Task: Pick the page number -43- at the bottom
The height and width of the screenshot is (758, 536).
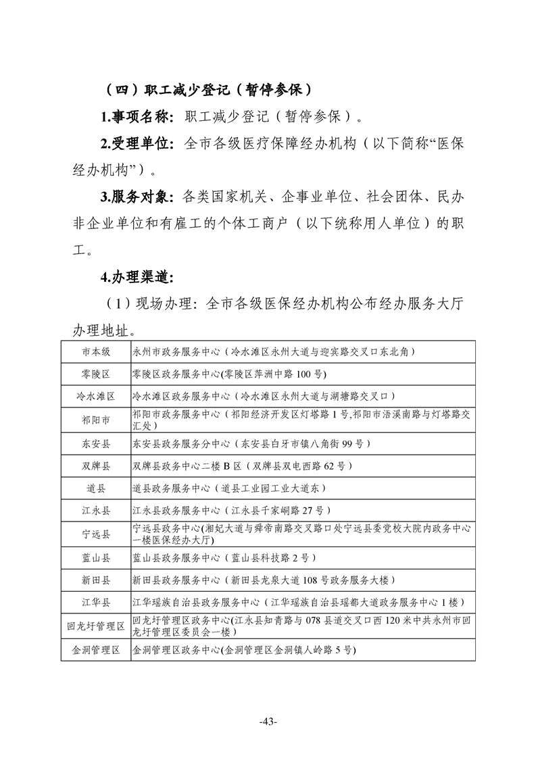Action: pos(268,722)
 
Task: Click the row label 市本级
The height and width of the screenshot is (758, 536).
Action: pos(96,352)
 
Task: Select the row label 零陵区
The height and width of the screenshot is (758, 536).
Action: pos(96,374)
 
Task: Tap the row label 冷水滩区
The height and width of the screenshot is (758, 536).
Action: pos(96,396)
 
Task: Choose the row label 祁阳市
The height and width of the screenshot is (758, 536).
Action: pos(96,420)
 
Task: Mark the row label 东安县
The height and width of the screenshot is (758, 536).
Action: pos(96,444)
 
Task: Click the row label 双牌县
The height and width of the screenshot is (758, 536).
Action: pos(96,466)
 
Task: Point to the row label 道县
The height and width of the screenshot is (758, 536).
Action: pos(96,488)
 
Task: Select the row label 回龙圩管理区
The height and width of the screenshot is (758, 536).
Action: pos(96,626)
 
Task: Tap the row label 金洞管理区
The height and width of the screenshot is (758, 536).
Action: pos(96,650)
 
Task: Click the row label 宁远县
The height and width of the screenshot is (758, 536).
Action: pos(96,534)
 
